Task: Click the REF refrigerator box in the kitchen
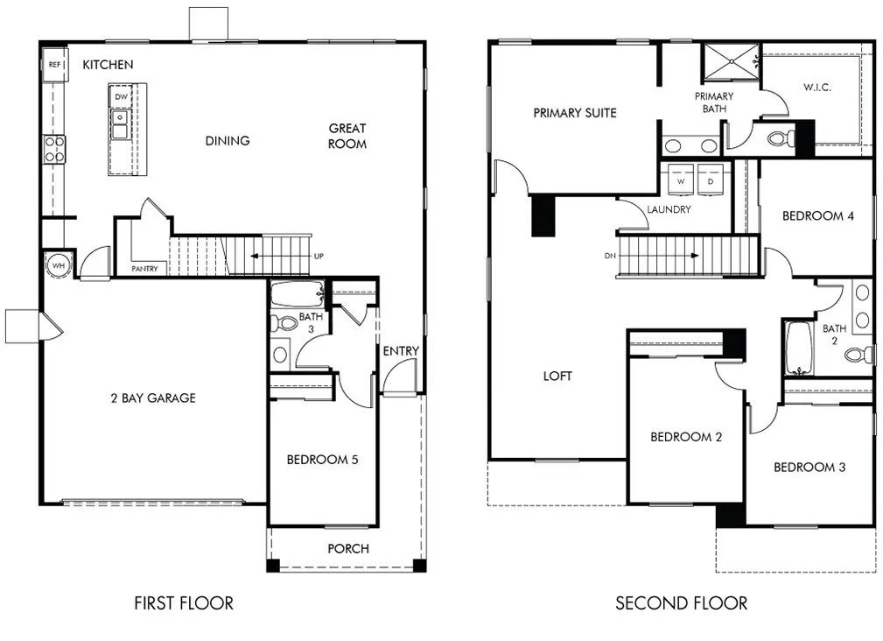point(54,65)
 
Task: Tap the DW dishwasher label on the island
point(121,96)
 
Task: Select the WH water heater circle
point(59,265)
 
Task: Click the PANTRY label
point(144,269)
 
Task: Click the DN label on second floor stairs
point(609,257)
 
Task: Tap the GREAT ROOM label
point(347,136)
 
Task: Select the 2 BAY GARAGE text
point(153,398)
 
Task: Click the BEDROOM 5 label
point(322,459)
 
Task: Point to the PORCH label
point(348,549)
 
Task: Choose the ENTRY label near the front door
point(401,351)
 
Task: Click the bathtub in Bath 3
point(297,293)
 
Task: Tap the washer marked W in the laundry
point(681,179)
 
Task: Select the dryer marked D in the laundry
point(710,179)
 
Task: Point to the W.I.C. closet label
point(816,88)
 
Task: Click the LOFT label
point(557,376)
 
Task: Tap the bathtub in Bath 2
point(798,348)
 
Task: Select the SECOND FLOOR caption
point(681,602)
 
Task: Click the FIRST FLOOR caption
point(184,602)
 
